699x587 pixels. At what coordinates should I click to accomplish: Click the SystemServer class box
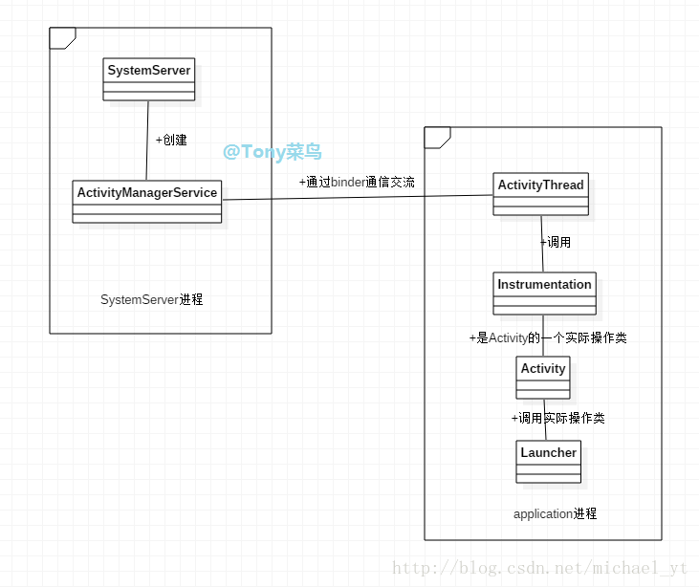pyautogui.click(x=149, y=79)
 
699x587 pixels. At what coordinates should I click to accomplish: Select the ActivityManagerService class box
pyautogui.click(x=147, y=201)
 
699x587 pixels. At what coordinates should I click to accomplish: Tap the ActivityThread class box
pyautogui.click(x=541, y=194)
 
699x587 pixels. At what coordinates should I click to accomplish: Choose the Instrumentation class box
pyautogui.click(x=545, y=293)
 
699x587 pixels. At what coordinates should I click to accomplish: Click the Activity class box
pyautogui.click(x=543, y=377)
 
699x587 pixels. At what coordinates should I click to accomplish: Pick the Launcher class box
pyautogui.click(x=549, y=461)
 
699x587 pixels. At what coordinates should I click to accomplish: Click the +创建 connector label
pyautogui.click(x=171, y=140)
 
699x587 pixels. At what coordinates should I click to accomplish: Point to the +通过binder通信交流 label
pyautogui.click(x=357, y=182)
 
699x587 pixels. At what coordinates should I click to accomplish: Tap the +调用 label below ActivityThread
pyautogui.click(x=556, y=242)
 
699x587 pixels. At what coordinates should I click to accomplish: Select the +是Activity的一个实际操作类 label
pyautogui.click(x=548, y=338)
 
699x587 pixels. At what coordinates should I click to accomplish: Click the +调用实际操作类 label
pyautogui.click(x=557, y=418)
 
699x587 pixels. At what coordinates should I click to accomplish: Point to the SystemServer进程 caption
pyautogui.click(x=152, y=299)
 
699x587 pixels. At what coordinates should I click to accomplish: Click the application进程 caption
pyautogui.click(x=555, y=513)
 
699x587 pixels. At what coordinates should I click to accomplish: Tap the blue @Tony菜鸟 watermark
pyautogui.click(x=273, y=152)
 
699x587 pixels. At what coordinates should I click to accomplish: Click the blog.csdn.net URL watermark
pyautogui.click(x=540, y=569)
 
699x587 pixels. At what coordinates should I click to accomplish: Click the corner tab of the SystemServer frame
pyautogui.click(x=62, y=37)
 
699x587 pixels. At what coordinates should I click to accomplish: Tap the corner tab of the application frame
pyautogui.click(x=437, y=137)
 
